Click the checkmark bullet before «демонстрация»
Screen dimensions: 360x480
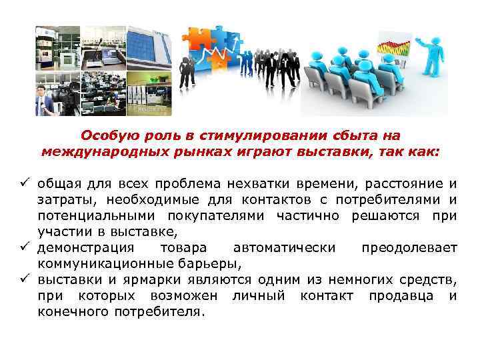click(26, 248)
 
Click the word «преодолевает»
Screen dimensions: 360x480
click(409, 248)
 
